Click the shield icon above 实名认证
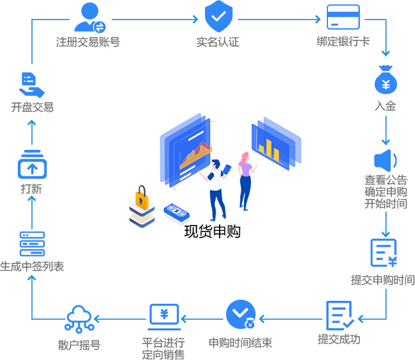click(218, 17)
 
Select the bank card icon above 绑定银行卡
click(343, 17)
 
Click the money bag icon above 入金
click(385, 81)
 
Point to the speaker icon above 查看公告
click(385, 160)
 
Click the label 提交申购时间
click(382, 280)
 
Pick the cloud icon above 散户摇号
click(79, 319)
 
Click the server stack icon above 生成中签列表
click(32, 243)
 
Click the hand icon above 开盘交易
click(31, 85)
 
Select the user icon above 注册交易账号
click(89, 17)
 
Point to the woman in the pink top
click(245, 180)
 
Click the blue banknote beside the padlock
click(176, 213)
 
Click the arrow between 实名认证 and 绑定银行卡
click(278, 19)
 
